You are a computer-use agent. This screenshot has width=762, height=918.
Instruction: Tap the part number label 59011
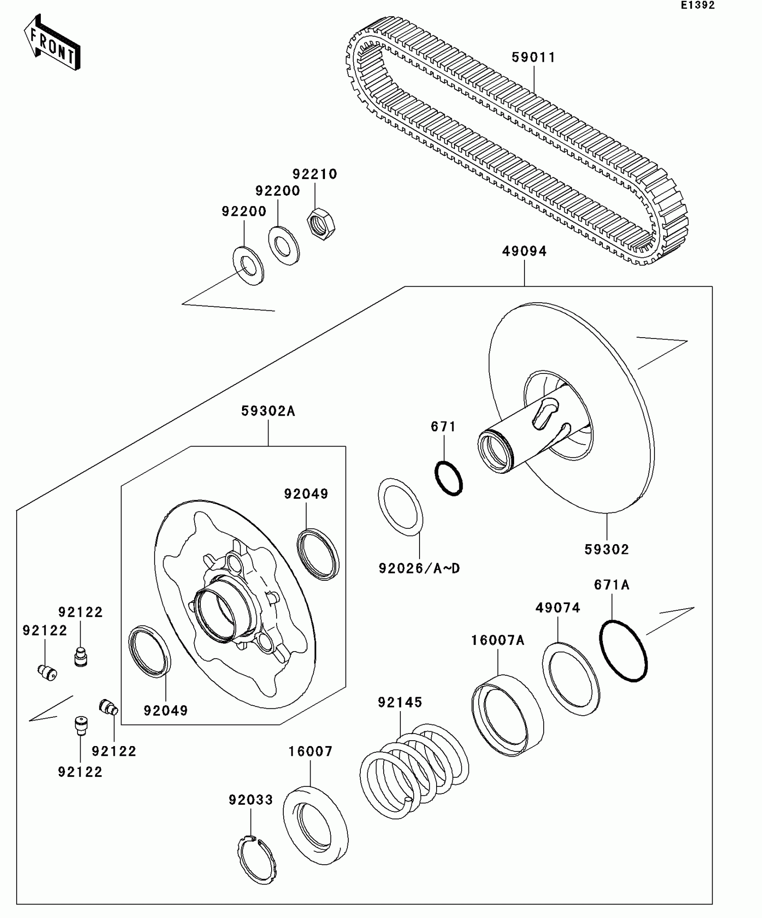(533, 58)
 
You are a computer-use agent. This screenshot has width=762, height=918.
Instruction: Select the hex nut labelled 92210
(321, 223)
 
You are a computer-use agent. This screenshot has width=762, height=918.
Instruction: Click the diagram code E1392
(697, 5)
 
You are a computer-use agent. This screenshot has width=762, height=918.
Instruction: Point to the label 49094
(524, 252)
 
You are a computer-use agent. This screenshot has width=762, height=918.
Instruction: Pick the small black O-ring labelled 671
(449, 478)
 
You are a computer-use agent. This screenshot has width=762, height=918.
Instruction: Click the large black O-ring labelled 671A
(623, 651)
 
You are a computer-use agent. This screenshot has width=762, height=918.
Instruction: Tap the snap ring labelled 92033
(256, 859)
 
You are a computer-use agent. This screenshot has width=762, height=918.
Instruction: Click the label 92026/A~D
(419, 569)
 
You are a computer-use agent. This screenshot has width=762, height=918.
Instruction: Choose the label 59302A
(268, 411)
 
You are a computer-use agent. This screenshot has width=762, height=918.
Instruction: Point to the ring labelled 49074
(571, 678)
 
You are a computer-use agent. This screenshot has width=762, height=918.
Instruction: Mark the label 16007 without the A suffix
(310, 751)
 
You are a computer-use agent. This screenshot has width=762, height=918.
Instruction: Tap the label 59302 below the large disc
(606, 549)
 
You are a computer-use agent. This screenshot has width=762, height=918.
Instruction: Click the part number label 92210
(315, 174)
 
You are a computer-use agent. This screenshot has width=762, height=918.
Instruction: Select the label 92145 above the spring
(400, 703)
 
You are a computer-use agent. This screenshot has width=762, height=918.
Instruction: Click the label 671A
(612, 585)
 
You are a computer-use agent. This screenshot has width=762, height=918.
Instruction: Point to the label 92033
(251, 800)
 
